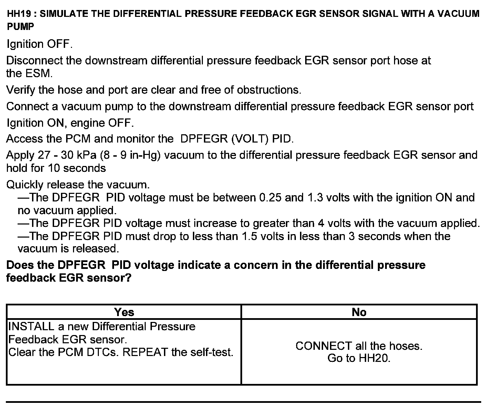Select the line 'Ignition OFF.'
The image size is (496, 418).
tap(40, 44)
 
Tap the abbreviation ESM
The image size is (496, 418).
tap(39, 73)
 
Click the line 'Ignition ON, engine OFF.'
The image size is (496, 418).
tap(70, 123)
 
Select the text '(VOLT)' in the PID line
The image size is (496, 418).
tap(250, 139)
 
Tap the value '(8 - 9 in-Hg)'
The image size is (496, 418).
tap(130, 155)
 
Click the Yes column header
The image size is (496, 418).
tap(124, 312)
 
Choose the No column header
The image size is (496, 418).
tap(359, 312)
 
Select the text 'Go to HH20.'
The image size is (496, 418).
tap(359, 358)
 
